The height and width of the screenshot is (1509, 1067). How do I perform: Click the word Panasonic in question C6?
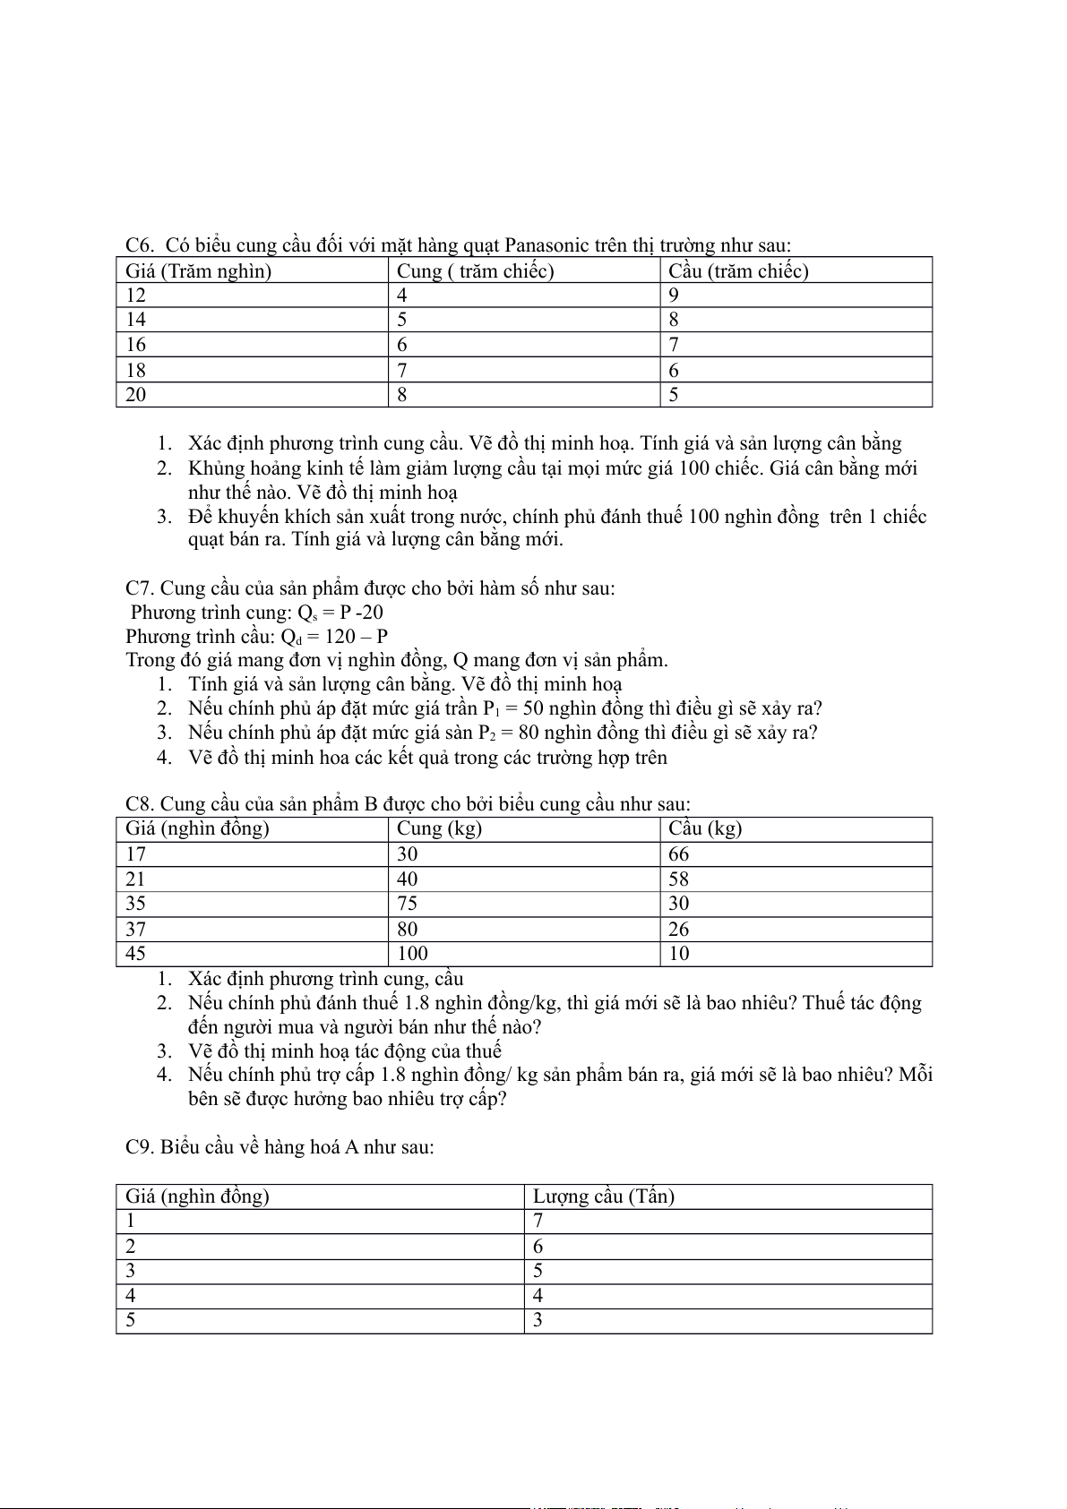(x=546, y=245)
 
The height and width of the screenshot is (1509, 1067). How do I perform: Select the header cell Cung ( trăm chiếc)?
(x=475, y=270)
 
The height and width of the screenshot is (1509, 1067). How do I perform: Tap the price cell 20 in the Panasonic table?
(x=136, y=395)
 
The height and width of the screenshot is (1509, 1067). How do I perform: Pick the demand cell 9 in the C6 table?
(x=674, y=296)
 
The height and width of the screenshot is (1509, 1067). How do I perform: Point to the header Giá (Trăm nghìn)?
(x=198, y=270)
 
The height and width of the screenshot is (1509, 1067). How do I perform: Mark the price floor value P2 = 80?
(x=508, y=733)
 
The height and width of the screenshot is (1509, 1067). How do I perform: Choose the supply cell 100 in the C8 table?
(x=412, y=954)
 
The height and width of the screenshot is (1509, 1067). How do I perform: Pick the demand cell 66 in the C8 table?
(x=679, y=854)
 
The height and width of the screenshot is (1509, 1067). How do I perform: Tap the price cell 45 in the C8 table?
(x=136, y=954)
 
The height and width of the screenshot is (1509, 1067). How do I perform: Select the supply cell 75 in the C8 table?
(x=408, y=904)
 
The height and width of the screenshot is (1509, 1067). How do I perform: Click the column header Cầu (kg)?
(x=705, y=828)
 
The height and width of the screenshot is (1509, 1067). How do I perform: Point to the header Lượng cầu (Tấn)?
(x=603, y=1196)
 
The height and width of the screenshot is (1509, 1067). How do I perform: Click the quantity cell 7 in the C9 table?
(x=538, y=1221)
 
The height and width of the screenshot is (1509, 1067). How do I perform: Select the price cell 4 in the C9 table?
(x=131, y=1296)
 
